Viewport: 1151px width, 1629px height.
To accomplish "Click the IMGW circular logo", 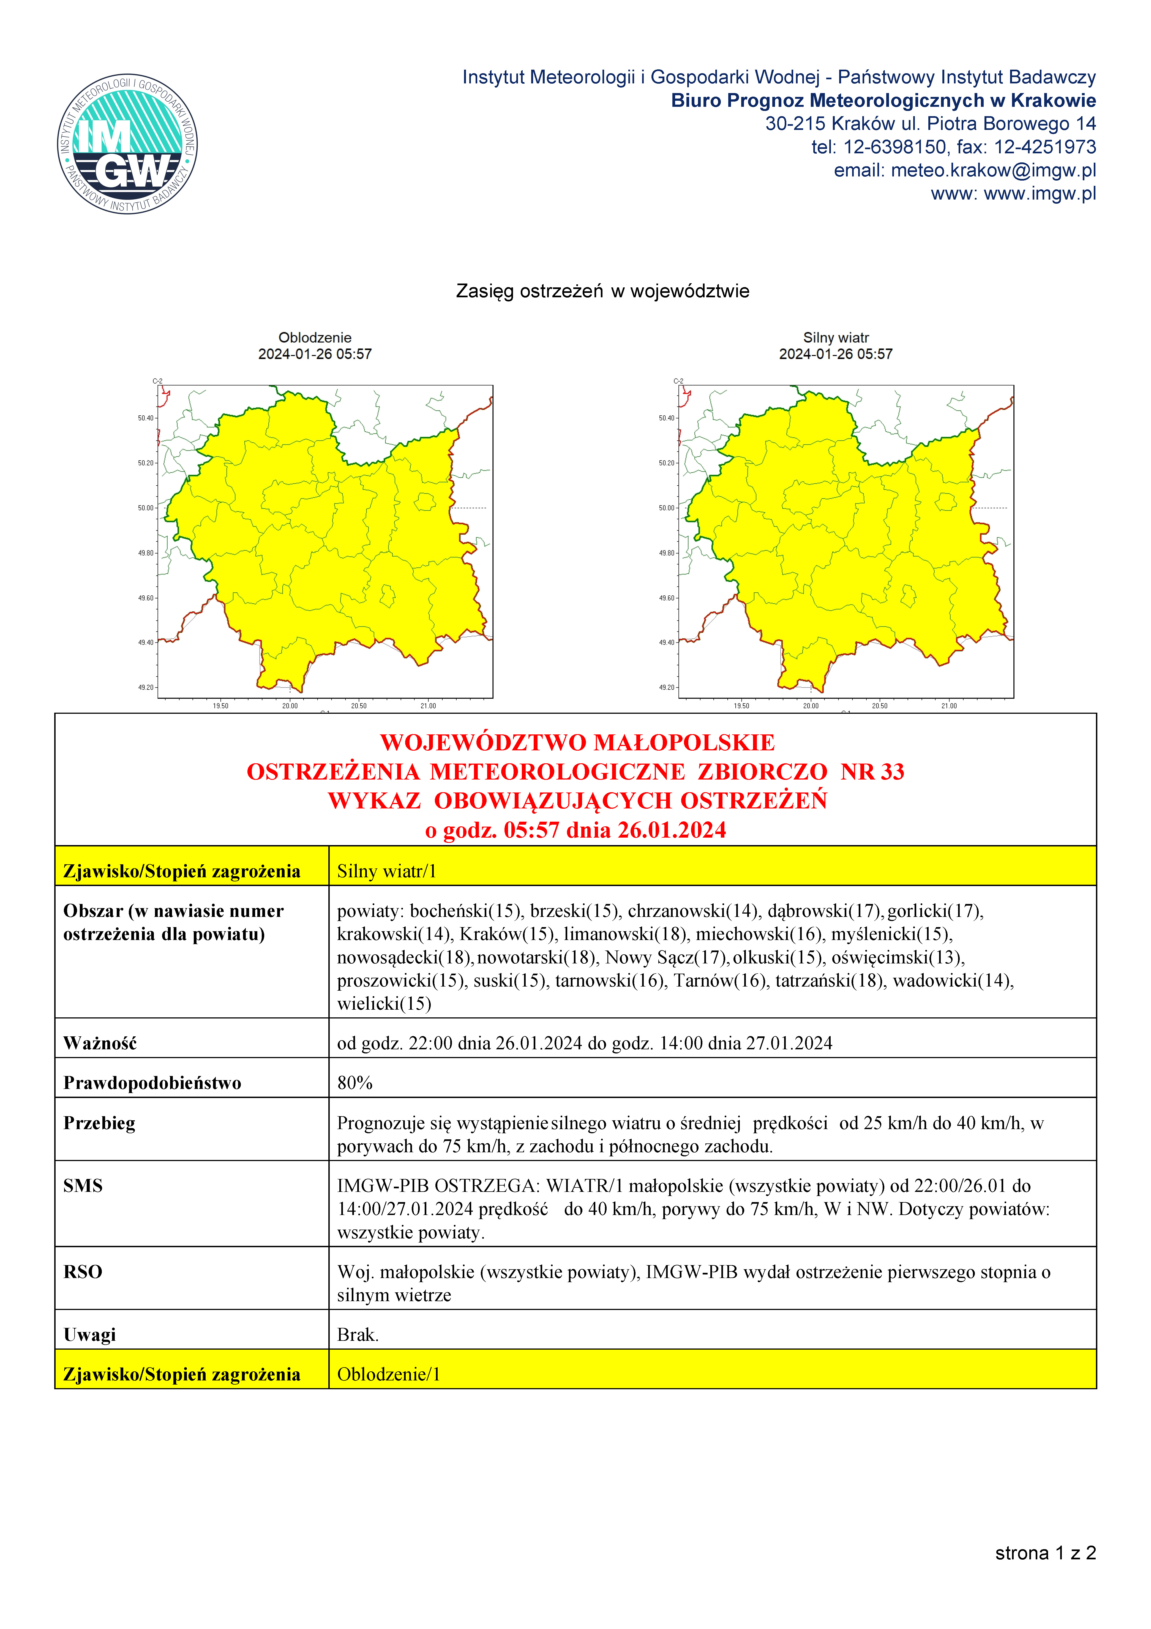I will (128, 144).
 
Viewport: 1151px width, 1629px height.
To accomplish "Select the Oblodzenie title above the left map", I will (314, 338).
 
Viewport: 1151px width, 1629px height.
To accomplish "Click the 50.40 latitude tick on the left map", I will (146, 418).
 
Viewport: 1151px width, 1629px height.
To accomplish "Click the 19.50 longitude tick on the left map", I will (221, 706).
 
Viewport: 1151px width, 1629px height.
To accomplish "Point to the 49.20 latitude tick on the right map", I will (666, 688).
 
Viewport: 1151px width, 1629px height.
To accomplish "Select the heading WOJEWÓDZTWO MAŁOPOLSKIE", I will (577, 742).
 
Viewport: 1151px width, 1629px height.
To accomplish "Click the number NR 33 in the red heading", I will (872, 771).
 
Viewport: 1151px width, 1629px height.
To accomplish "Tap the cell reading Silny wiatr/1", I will (387, 871).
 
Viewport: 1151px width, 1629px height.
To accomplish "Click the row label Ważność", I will (100, 1043).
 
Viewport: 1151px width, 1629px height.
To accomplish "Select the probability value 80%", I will (355, 1083).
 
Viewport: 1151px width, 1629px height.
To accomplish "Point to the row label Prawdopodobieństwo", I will (152, 1083).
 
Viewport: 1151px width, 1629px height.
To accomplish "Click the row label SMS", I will (83, 1186).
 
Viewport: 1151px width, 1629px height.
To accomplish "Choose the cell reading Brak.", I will (358, 1334).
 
